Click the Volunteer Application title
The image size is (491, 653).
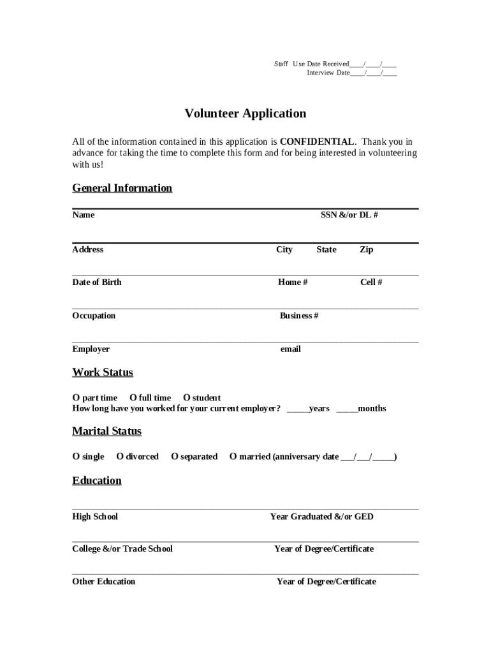coord(246,114)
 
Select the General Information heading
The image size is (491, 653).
coord(122,188)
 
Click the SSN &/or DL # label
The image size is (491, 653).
coord(349,215)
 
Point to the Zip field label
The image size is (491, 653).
coord(367,249)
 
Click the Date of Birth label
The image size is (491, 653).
coord(97,282)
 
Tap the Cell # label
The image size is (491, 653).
coord(371,282)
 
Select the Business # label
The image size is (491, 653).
coord(299,316)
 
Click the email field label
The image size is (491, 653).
coord(291,349)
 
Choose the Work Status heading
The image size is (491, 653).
coord(103,372)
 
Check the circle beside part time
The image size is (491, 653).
coord(76,398)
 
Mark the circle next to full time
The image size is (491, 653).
coord(133,398)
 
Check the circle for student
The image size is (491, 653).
coord(186,398)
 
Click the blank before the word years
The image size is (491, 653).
coord(297,409)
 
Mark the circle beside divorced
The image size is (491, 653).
coord(119,457)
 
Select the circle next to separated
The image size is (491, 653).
coord(174,457)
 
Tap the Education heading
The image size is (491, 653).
coord(97,481)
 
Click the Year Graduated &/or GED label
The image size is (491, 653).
coord(322,517)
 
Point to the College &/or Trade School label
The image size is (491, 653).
coord(122,549)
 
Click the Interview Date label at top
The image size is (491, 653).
coord(328,73)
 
